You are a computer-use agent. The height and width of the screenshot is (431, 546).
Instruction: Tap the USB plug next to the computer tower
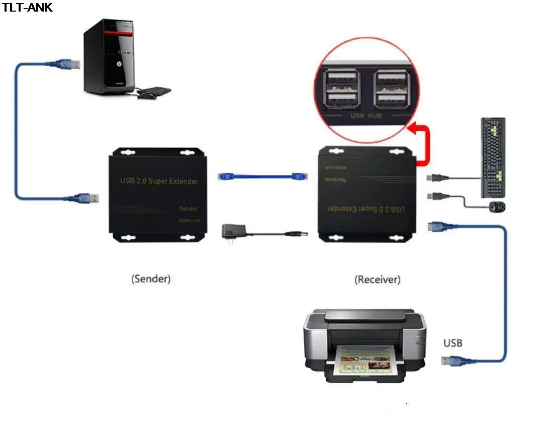pyautogui.click(x=70, y=64)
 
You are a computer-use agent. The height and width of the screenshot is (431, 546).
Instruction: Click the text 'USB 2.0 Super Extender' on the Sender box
pyautogui.click(x=159, y=181)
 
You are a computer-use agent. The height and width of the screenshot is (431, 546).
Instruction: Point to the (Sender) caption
pyautogui.click(x=150, y=278)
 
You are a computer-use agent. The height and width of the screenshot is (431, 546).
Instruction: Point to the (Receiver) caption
pyautogui.click(x=377, y=279)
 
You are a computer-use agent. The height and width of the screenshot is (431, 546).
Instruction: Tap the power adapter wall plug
pyautogui.click(x=231, y=233)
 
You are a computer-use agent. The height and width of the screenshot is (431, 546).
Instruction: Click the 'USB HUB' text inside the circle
pyautogui.click(x=366, y=116)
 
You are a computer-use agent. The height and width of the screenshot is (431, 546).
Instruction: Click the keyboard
pyautogui.click(x=492, y=158)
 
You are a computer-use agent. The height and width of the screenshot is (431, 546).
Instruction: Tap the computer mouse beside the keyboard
pyautogui.click(x=498, y=206)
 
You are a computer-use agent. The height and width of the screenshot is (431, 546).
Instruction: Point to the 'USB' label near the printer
pyautogui.click(x=452, y=343)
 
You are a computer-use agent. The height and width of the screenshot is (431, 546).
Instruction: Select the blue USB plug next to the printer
pyautogui.click(x=452, y=361)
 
